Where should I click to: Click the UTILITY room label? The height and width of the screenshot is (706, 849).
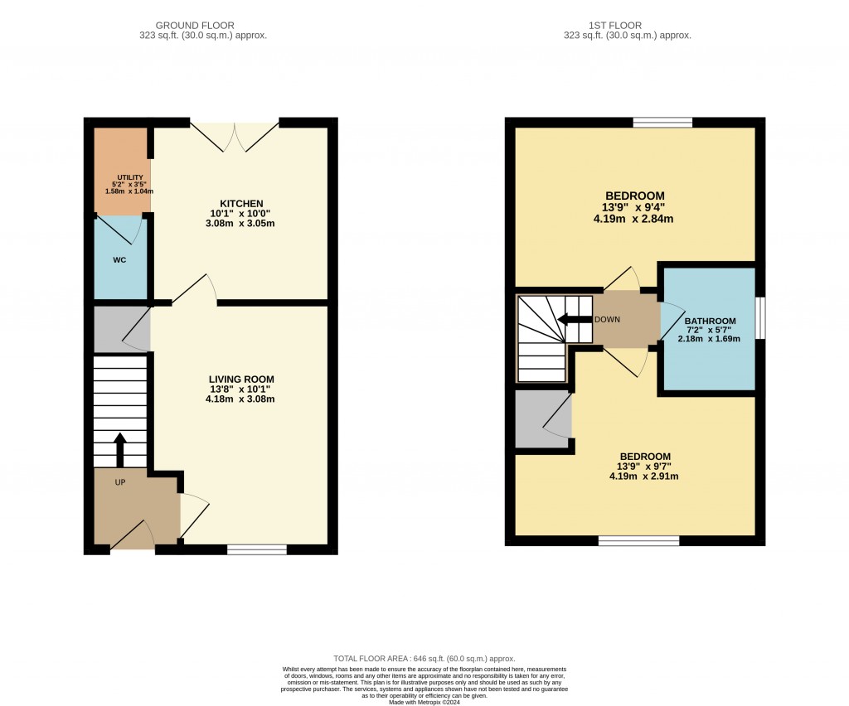click(x=130, y=177)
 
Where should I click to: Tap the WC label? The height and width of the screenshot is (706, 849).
click(x=119, y=260)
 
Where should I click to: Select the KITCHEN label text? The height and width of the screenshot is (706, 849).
click(x=241, y=203)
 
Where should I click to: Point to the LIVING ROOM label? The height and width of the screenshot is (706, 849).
click(x=241, y=380)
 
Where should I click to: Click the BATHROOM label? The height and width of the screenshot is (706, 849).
click(x=710, y=321)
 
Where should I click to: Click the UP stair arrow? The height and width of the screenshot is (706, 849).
click(x=119, y=450)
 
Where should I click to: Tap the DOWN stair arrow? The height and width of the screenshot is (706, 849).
click(x=575, y=320)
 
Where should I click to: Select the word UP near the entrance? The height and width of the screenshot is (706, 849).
click(x=120, y=482)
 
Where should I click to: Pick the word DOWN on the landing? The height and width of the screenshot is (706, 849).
click(x=607, y=320)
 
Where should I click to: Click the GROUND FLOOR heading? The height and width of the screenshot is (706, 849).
click(x=195, y=26)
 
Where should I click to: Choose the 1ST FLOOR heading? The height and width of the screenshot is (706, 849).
click(x=615, y=26)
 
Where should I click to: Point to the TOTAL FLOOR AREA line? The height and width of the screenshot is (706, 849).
click(x=424, y=659)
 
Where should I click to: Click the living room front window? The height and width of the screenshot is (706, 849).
click(x=257, y=549)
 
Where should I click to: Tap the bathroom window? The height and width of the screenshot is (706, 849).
click(x=760, y=318)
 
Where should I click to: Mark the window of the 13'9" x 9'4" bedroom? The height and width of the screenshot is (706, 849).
click(x=662, y=123)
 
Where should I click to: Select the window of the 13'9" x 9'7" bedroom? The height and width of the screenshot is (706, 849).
click(x=639, y=540)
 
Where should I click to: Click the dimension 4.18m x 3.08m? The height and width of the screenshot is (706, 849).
click(x=240, y=399)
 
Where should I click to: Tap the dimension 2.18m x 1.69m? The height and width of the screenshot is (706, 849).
click(x=709, y=339)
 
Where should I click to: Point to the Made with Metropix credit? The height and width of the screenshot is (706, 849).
click(x=424, y=703)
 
